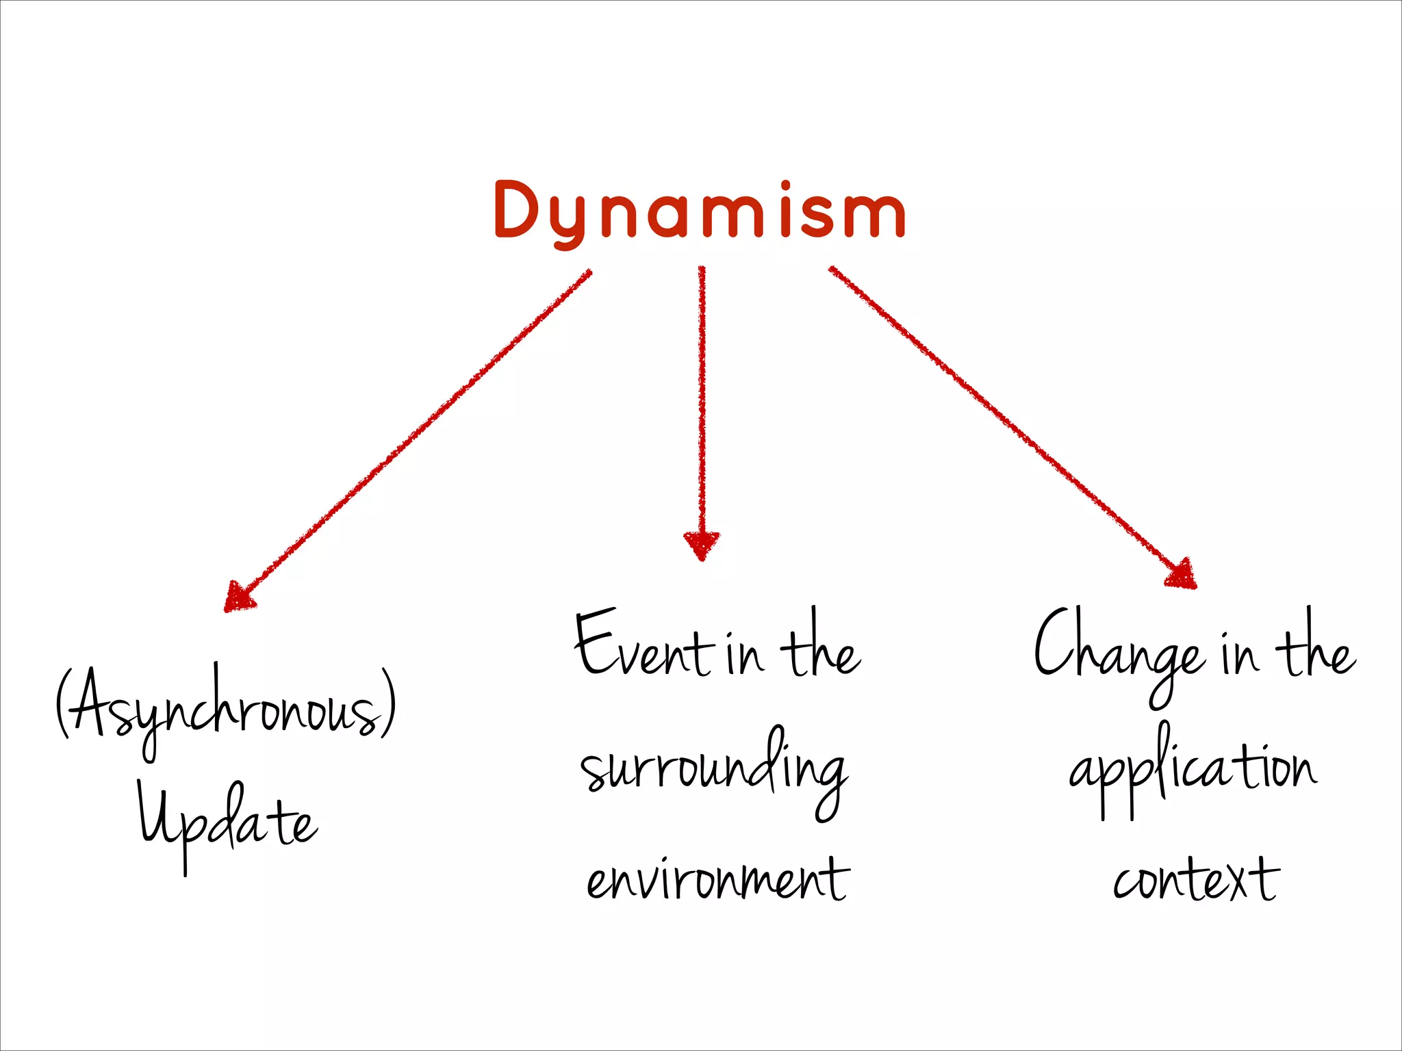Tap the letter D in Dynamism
pos(522,210)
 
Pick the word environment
pos(717,880)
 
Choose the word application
pos(1193,770)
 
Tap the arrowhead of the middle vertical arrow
pos(702,545)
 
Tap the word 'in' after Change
pos(1240,653)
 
